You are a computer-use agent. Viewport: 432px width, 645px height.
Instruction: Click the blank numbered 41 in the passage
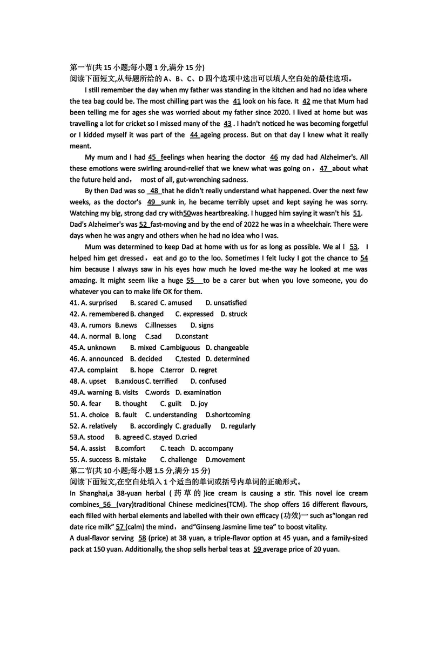pos(237,101)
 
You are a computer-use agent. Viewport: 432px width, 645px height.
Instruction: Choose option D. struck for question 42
pos(234,314)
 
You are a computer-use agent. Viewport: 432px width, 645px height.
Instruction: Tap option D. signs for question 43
pos(202,325)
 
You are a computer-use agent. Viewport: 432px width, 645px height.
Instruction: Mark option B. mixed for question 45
pos(143,348)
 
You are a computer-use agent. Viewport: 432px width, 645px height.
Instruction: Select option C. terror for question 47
pos(157,370)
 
